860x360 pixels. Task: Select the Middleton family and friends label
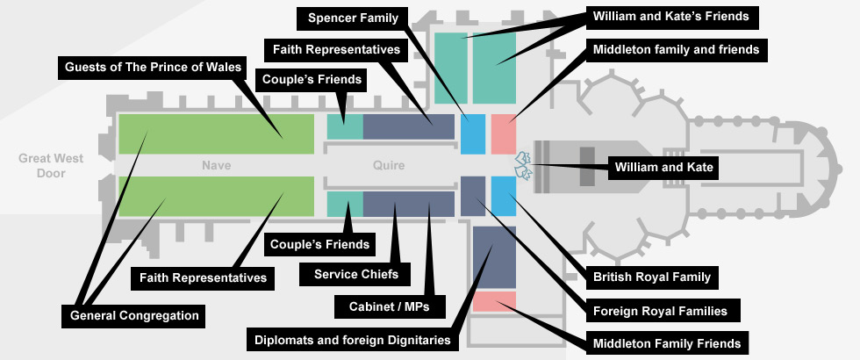coord(676,50)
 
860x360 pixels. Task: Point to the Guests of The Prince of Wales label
coord(154,66)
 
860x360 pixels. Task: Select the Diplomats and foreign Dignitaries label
coord(352,340)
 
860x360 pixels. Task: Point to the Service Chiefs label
coord(356,275)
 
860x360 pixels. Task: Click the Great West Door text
coord(51,166)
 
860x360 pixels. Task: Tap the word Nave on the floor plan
coord(215,165)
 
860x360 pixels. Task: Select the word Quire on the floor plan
coord(389,165)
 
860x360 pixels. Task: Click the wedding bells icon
coord(523,163)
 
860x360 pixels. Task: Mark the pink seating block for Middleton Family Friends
coord(494,301)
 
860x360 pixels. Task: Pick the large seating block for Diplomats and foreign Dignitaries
coord(494,257)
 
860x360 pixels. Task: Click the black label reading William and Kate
coord(664,165)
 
